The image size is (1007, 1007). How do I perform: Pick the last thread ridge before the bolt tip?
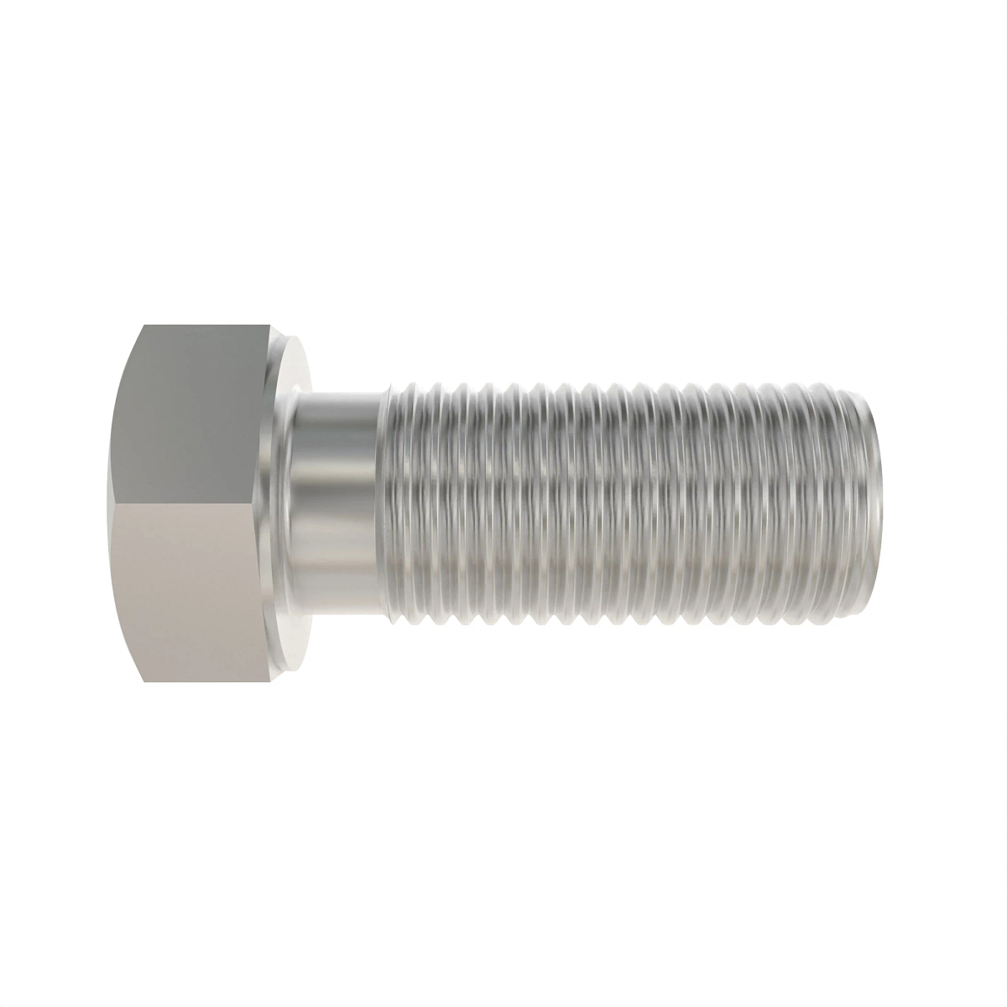(x=856, y=503)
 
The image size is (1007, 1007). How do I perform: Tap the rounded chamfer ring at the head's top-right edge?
(x=281, y=344)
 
